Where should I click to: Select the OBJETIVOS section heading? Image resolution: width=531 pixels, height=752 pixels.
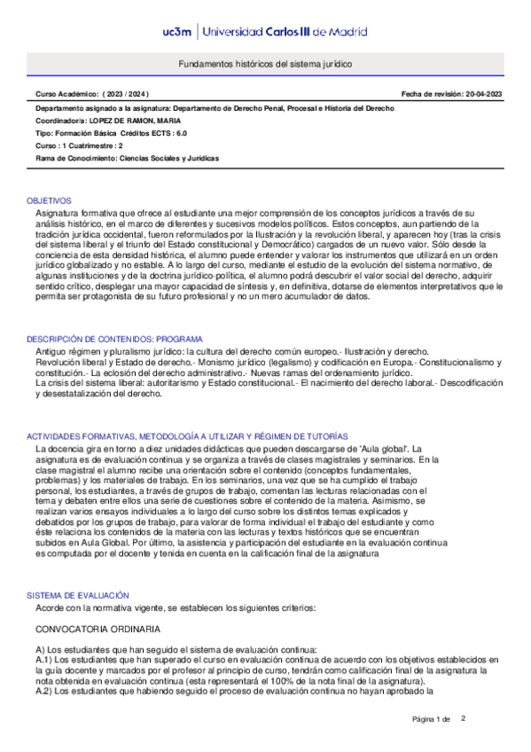50,201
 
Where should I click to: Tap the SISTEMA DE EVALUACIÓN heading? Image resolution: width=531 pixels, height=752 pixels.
78,595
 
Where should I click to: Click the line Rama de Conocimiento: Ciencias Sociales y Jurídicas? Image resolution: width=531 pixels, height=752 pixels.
127,158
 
